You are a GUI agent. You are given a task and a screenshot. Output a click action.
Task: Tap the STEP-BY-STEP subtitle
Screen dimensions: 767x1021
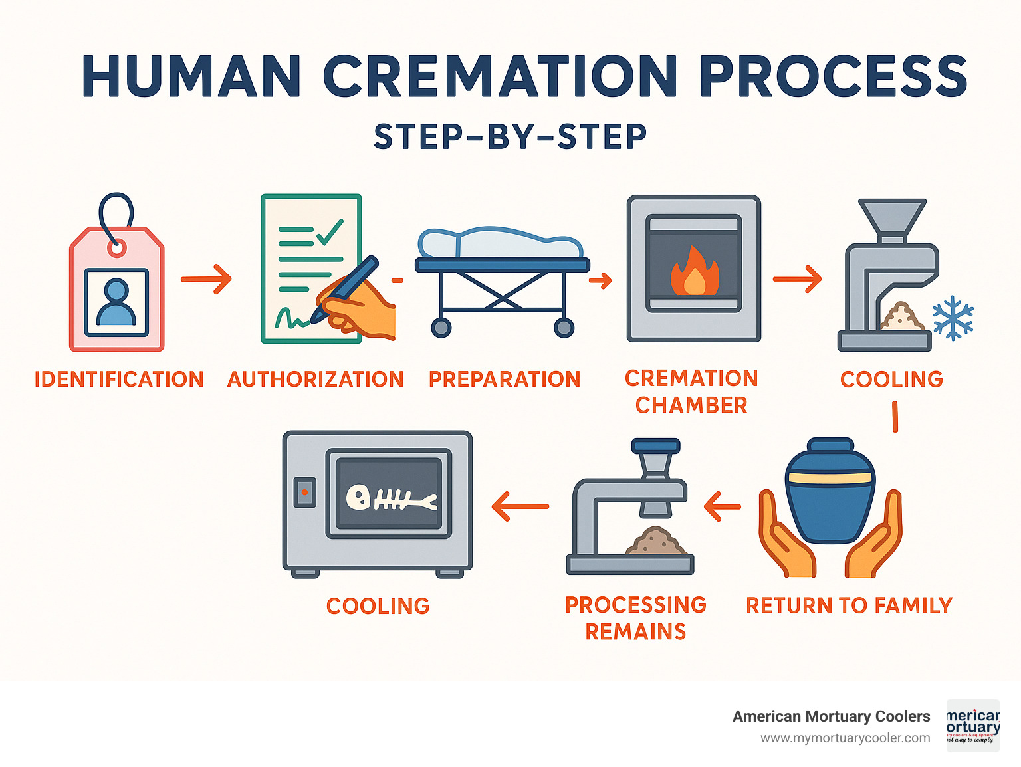[x=510, y=137]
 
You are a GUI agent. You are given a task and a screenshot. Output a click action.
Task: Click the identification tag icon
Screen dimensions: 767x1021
[x=117, y=286]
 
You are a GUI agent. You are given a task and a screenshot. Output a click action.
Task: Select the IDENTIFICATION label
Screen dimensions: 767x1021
[x=119, y=380]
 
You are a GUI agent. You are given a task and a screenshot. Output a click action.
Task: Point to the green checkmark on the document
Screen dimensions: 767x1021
[x=330, y=231]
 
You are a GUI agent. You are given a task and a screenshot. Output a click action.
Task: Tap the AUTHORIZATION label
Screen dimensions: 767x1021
[x=316, y=380]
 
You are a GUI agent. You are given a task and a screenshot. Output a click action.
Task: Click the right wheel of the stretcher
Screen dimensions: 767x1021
[x=564, y=328]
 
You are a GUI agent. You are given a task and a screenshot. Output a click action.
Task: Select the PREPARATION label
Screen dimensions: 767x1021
[x=505, y=380]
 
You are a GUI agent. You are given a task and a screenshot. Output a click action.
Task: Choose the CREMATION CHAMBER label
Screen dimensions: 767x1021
[x=691, y=391]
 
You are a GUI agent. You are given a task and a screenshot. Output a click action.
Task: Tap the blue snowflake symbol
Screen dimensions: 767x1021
[x=953, y=318]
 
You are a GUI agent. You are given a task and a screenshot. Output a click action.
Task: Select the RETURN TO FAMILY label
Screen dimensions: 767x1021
[x=849, y=605]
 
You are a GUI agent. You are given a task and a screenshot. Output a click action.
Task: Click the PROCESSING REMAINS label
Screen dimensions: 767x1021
[x=635, y=618]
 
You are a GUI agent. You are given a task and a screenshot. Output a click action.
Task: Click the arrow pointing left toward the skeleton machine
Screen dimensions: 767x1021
[x=520, y=506]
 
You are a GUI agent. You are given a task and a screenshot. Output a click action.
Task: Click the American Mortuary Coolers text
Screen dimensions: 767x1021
[x=831, y=716]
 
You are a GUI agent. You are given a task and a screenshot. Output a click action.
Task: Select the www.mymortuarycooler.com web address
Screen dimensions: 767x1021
[x=845, y=738]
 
